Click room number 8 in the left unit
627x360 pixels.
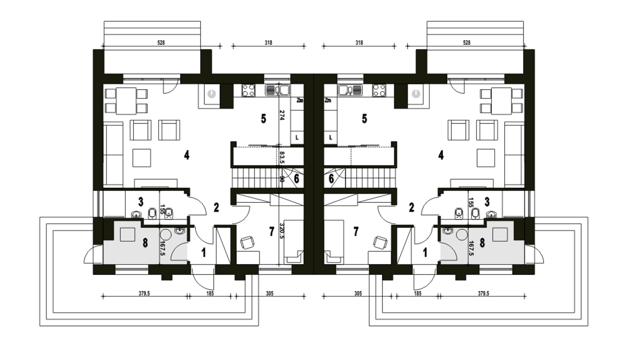pyautogui.click(x=145, y=243)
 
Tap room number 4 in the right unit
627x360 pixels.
pyautogui.click(x=441, y=155)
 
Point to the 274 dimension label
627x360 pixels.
pyautogui.click(x=282, y=115)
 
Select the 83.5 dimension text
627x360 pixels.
pyautogui.click(x=282, y=157)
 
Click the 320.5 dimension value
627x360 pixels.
pyautogui.click(x=282, y=231)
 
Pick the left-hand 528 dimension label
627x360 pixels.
pyautogui.click(x=161, y=43)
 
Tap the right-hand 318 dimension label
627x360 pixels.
pyautogui.click(x=359, y=43)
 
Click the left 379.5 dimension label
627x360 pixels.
pyautogui.click(x=144, y=293)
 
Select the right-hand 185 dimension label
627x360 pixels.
pyautogui.click(x=417, y=293)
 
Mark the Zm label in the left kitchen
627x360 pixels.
pyautogui.click(x=299, y=100)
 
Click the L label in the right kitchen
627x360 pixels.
pyautogui.click(x=331, y=138)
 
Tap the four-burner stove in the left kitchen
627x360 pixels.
pyautogui.click(x=248, y=91)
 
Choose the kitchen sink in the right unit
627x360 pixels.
pyautogui.click(x=350, y=90)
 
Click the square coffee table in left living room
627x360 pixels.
pyautogui.click(x=142, y=158)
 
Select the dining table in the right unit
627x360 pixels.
pyautogui.click(x=501, y=101)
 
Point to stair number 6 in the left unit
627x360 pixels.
pyautogui.click(x=296, y=178)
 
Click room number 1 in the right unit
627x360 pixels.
pyautogui.click(x=425, y=253)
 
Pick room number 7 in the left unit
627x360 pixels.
pyautogui.click(x=271, y=232)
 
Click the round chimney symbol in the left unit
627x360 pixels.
pyautogui.click(x=212, y=94)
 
